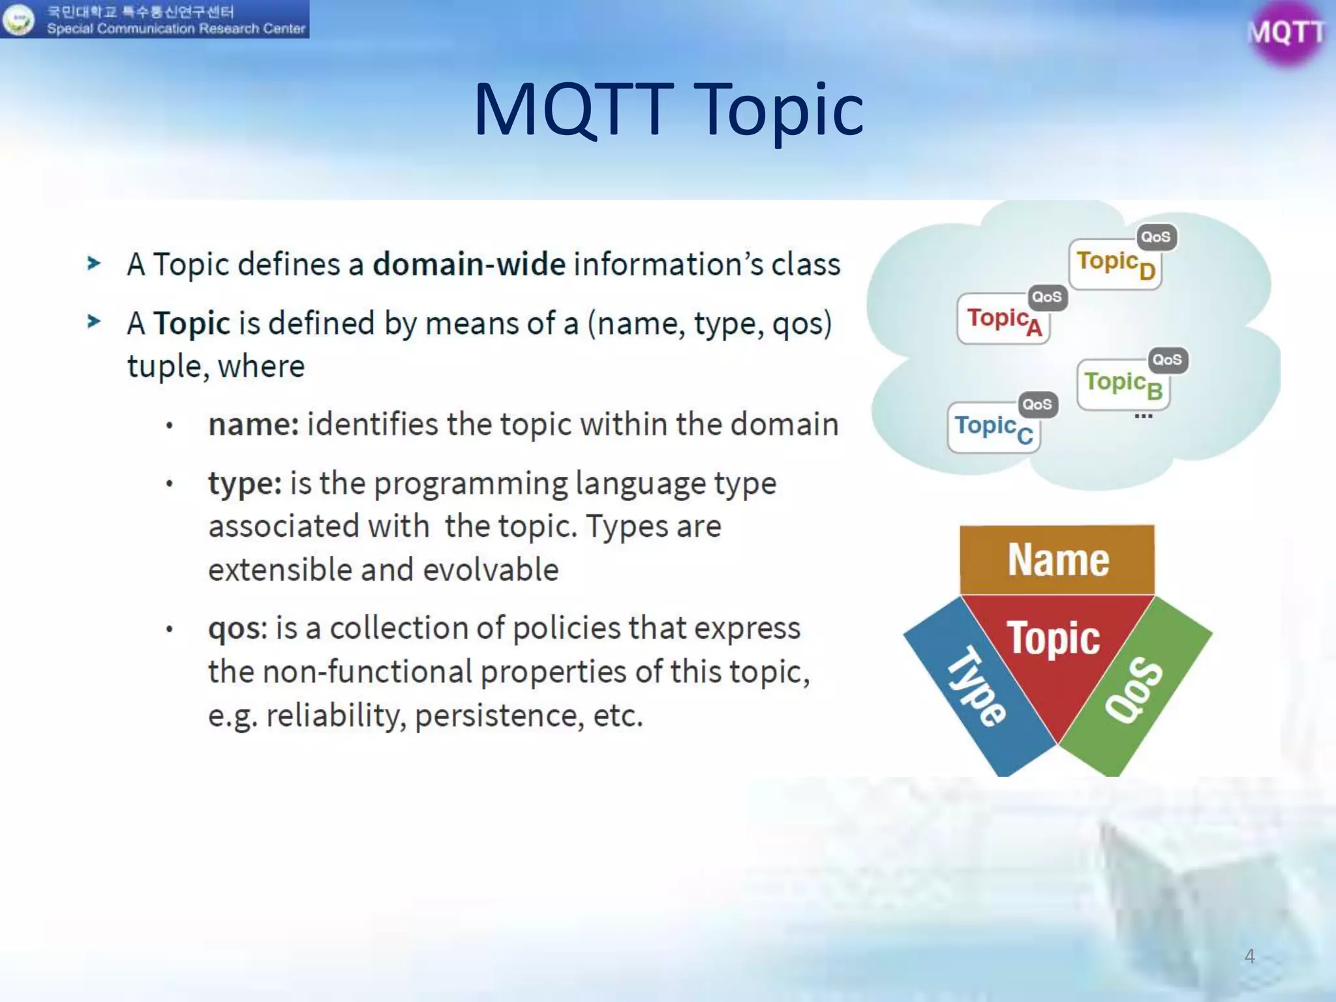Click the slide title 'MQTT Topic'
(668, 110)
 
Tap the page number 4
(1249, 956)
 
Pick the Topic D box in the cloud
(1115, 264)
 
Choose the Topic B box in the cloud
(1123, 385)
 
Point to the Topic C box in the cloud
(993, 428)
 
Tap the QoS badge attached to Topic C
(1037, 404)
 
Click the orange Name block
(1057, 560)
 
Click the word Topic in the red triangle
(1054, 638)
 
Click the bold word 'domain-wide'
(469, 264)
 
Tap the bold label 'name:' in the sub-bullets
(253, 425)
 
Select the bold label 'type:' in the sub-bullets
(245, 484)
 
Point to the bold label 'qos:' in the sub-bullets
(237, 629)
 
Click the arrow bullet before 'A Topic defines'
(94, 264)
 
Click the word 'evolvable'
(491, 569)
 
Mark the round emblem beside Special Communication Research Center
(18, 19)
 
